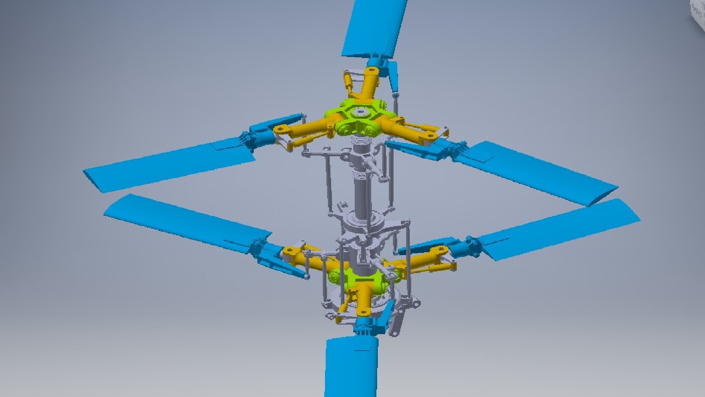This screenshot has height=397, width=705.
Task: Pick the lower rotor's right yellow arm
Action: (x=422, y=259)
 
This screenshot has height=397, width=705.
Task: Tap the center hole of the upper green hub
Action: (x=360, y=112)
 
